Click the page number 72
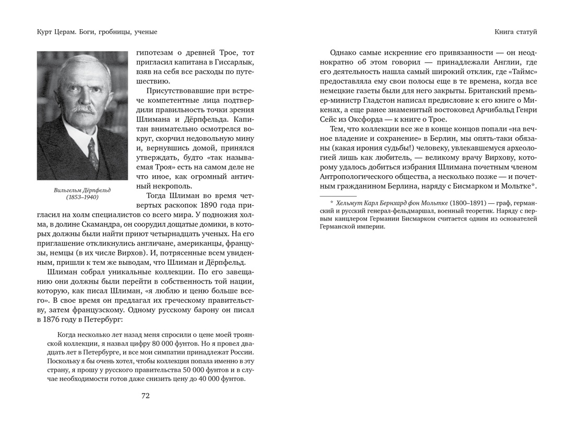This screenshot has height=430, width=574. tap(146, 396)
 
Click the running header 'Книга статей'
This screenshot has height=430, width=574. tap(516, 32)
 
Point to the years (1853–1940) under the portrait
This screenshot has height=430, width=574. tap(82, 198)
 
